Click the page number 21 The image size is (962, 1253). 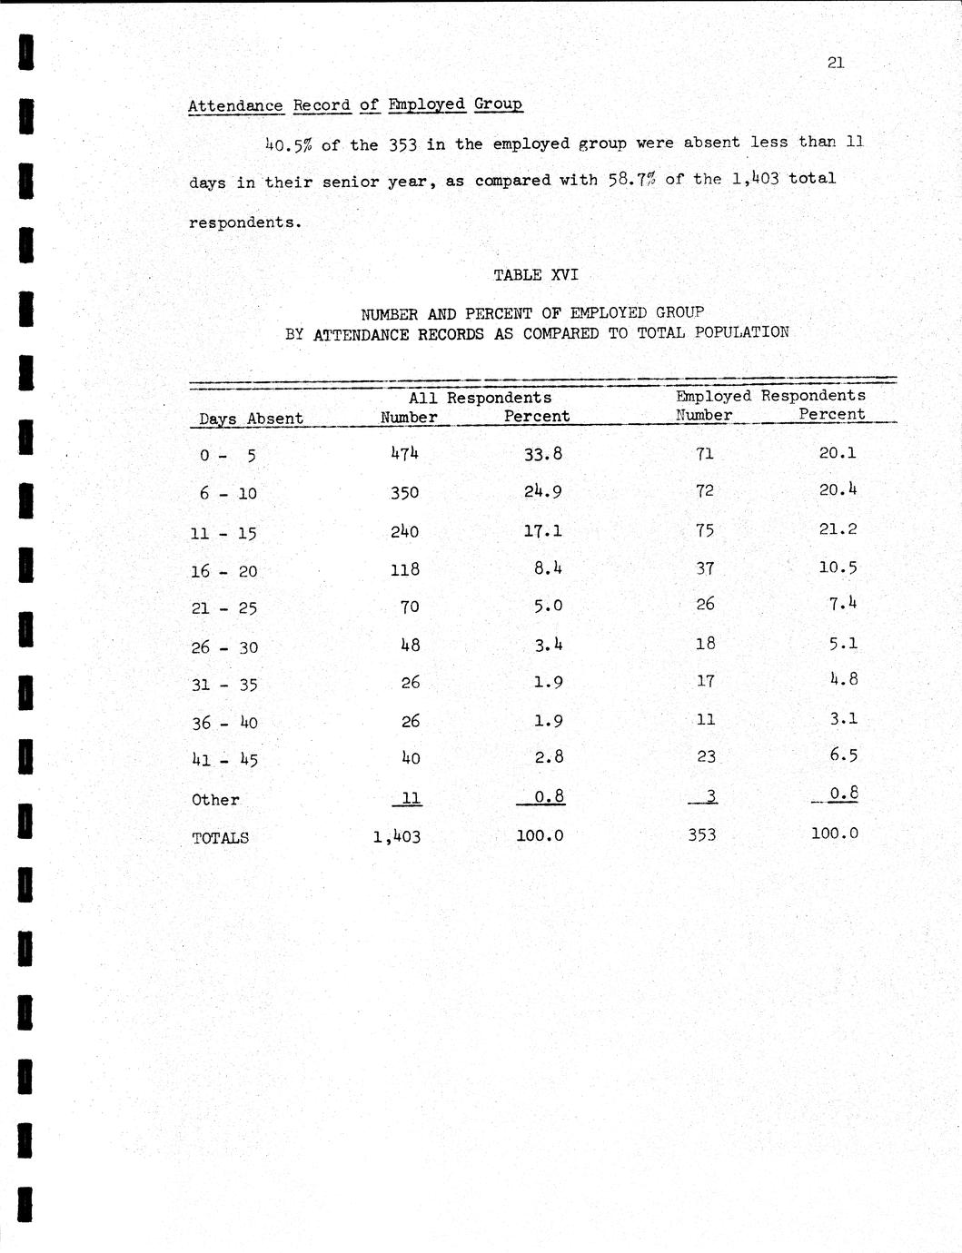(x=837, y=63)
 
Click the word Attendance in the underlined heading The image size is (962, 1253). (x=235, y=105)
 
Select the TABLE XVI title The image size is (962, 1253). (x=535, y=274)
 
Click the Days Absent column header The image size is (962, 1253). (x=251, y=419)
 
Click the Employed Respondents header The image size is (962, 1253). (x=770, y=396)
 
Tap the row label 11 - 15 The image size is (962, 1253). (x=223, y=533)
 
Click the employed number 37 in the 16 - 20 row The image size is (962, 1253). (x=704, y=567)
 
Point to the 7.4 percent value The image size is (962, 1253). (x=842, y=603)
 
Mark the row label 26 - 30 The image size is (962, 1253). (x=224, y=647)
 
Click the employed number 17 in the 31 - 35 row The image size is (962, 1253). (x=705, y=680)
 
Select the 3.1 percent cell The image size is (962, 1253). (x=843, y=718)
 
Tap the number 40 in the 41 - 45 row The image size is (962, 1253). (x=410, y=758)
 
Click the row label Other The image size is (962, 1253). (x=215, y=800)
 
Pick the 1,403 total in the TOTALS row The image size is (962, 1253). (x=397, y=836)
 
